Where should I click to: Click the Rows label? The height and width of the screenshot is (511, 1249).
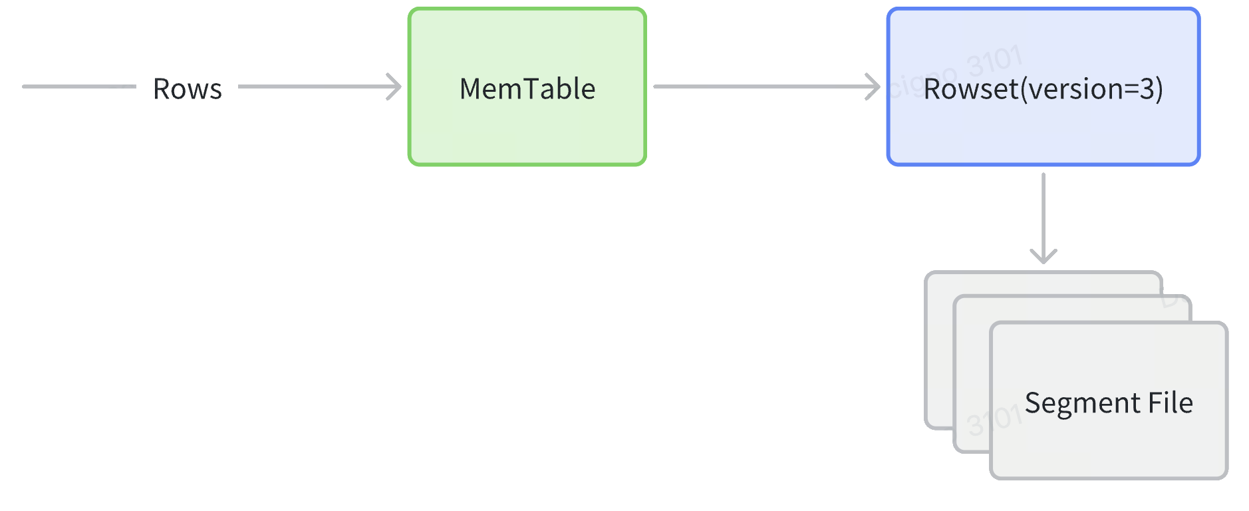tap(188, 88)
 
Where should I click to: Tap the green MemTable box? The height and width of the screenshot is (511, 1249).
tap(527, 126)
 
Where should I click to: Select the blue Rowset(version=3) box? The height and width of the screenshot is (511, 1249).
tap(1043, 133)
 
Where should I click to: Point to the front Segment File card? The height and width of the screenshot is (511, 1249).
tap(1108, 446)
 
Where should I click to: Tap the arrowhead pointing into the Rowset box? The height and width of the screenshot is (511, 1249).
tap(873, 86)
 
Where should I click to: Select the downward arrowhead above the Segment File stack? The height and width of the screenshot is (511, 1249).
tap(1043, 255)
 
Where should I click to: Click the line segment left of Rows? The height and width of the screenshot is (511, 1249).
tap(78, 86)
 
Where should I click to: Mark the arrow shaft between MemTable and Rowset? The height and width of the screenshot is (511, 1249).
tap(758, 86)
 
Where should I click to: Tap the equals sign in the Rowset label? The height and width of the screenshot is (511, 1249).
tap(1131, 89)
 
